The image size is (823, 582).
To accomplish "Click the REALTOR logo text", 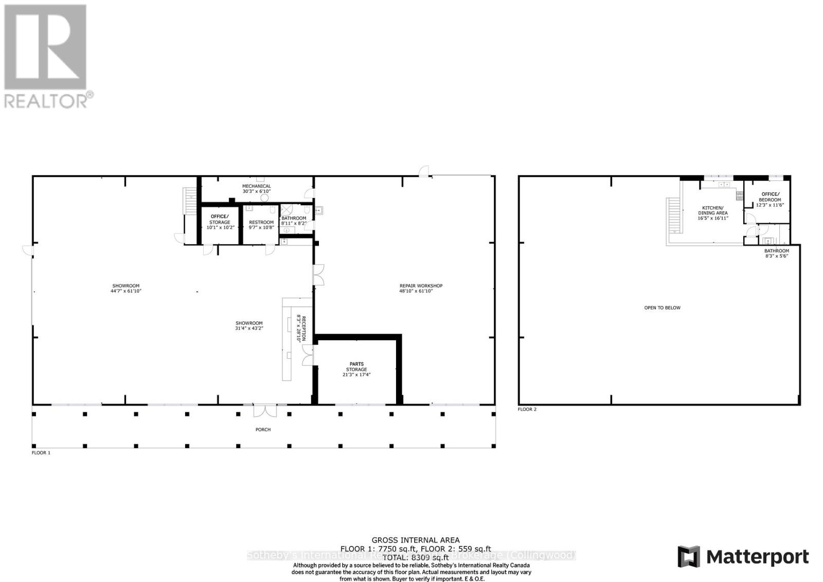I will pos(49,100).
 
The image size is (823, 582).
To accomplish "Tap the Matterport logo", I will pos(743,557).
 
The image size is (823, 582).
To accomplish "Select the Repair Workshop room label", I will pos(421,288).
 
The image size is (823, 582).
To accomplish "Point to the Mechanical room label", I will pos(256,189).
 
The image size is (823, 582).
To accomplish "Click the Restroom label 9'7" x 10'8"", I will pos(261,225).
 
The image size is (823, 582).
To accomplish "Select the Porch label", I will pos(263,429).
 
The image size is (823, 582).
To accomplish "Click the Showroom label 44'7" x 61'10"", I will pos(126,288).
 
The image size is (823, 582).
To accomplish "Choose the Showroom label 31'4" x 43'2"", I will pos(249,325).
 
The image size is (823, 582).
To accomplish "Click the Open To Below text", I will pos(662,307).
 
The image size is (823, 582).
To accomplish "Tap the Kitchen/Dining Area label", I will pos(712,213).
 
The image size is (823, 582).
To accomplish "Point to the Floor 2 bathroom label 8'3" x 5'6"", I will pos(776,253).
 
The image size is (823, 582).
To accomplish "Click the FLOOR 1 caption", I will pos(41,453).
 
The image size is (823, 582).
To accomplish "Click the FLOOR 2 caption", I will pos(527,409).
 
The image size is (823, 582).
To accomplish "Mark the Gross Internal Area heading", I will pos(416,540).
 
